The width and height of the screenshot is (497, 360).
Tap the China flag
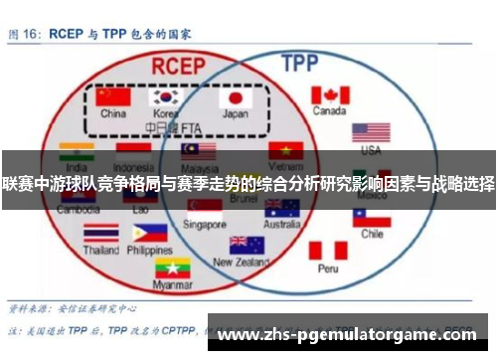(x=115, y=97)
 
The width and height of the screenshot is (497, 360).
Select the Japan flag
(x=237, y=97)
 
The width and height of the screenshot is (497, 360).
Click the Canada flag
(x=330, y=94)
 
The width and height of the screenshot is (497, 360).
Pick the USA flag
(x=371, y=132)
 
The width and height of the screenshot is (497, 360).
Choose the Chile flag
(x=372, y=217)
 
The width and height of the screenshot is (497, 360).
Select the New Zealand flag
(x=247, y=245)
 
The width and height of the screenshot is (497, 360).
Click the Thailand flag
(x=100, y=234)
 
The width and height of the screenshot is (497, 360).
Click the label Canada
(x=330, y=111)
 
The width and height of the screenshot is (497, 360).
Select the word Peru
(x=328, y=269)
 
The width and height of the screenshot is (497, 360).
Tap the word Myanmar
(x=173, y=286)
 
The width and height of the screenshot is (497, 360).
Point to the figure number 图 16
(x=27, y=33)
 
